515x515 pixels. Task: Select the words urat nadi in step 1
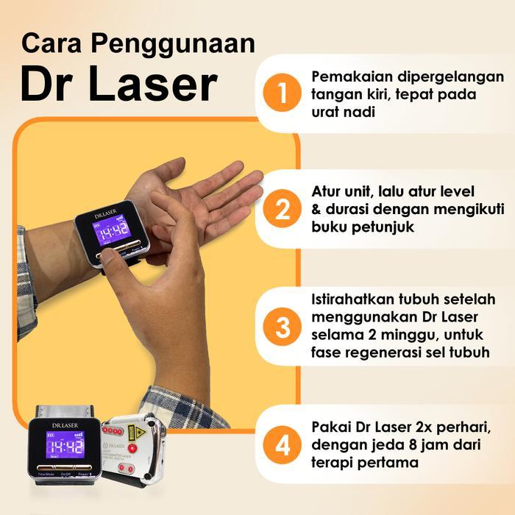(344, 113)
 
